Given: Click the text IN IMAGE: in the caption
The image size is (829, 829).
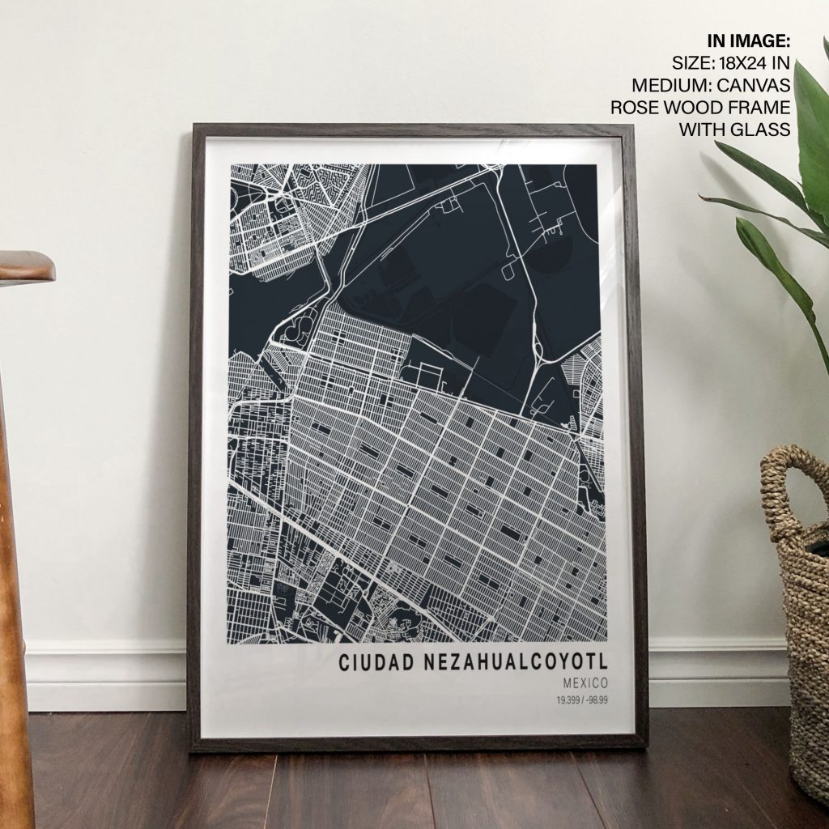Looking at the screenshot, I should [x=748, y=41].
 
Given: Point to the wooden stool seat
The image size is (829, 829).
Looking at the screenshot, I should [x=24, y=267].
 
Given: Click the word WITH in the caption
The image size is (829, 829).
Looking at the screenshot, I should [x=703, y=129].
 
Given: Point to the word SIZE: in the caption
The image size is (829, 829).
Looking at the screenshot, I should [x=691, y=63].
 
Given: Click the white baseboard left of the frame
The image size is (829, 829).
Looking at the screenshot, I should [x=105, y=676].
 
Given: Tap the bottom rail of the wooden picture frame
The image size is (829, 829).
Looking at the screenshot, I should [x=417, y=742].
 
